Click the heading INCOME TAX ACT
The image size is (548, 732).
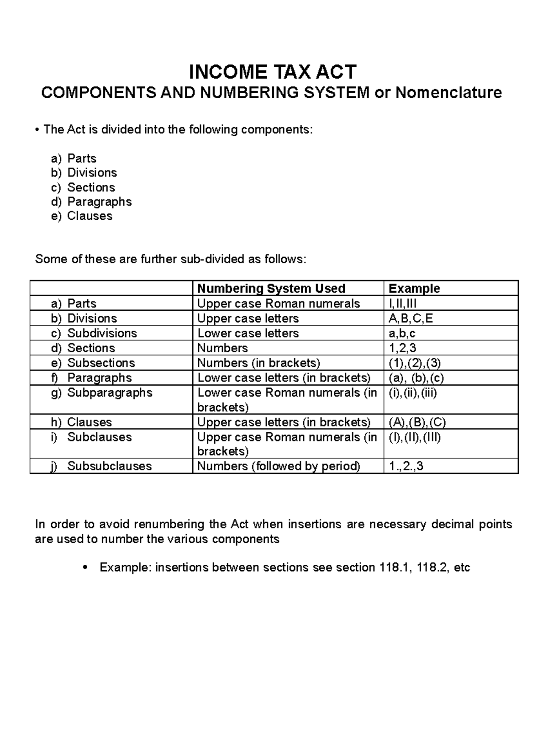pyautogui.click(x=273, y=72)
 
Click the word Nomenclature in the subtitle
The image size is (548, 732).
pyautogui.click(x=448, y=93)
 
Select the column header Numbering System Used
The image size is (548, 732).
pyautogui.click(x=271, y=288)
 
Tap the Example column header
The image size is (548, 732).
pyautogui.click(x=414, y=288)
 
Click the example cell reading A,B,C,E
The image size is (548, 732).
pyautogui.click(x=411, y=318)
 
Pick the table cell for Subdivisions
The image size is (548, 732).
pyautogui.click(x=102, y=333)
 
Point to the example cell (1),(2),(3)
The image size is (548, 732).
pyautogui.click(x=415, y=363)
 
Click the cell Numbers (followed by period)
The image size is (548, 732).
pyautogui.click(x=279, y=466)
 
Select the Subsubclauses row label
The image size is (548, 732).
pyautogui.click(x=109, y=466)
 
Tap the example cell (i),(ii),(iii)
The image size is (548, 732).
pyautogui.click(x=413, y=393)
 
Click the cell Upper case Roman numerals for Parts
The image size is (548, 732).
pyautogui.click(x=279, y=303)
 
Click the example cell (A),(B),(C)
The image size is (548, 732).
pyautogui.click(x=417, y=422)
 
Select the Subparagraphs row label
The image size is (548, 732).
pyautogui.click(x=110, y=393)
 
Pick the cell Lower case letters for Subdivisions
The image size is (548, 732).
pyautogui.click(x=248, y=333)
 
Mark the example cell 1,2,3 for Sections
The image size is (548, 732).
pyautogui.click(x=402, y=348)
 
